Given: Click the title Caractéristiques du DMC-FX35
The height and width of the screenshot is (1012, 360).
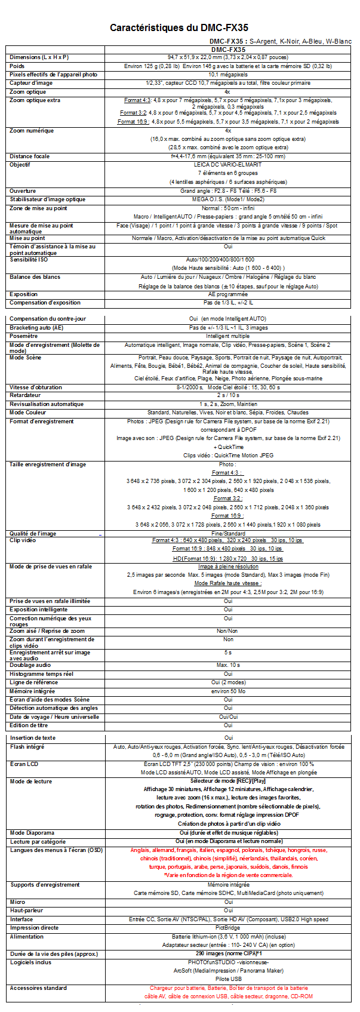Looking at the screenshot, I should point(179,27).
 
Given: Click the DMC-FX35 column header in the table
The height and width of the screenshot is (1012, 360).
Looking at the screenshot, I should point(228,50).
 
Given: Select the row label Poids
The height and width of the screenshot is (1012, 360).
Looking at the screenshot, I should point(17,66).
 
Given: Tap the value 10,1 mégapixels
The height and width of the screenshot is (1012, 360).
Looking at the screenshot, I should point(228,75).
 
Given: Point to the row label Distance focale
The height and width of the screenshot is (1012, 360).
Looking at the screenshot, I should point(30,156).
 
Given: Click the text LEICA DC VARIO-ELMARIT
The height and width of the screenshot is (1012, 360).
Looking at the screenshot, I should point(228,165).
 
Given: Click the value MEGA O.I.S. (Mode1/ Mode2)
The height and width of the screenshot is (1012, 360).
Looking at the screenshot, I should point(228,199).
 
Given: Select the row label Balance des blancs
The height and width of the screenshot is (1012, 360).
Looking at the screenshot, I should point(35,277).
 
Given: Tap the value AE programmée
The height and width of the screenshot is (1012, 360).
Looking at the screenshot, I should point(228,294).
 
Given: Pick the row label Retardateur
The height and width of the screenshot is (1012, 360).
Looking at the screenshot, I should point(25,395).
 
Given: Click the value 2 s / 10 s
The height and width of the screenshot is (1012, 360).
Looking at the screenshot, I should point(228,395).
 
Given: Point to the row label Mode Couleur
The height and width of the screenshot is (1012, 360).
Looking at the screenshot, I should point(27,413).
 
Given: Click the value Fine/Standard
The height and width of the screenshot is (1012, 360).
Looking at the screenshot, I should point(228,534).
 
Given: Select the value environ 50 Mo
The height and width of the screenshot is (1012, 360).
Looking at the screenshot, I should point(228,691).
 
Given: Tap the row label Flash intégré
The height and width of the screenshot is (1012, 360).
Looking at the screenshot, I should point(27,747).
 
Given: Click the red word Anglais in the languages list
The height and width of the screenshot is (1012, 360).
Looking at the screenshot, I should point(140,850).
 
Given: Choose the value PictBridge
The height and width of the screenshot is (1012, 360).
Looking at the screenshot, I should point(228,928).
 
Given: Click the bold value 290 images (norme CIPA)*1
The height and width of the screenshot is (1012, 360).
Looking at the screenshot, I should point(228,953).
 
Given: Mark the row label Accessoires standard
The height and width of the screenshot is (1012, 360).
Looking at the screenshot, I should point(38,988).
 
